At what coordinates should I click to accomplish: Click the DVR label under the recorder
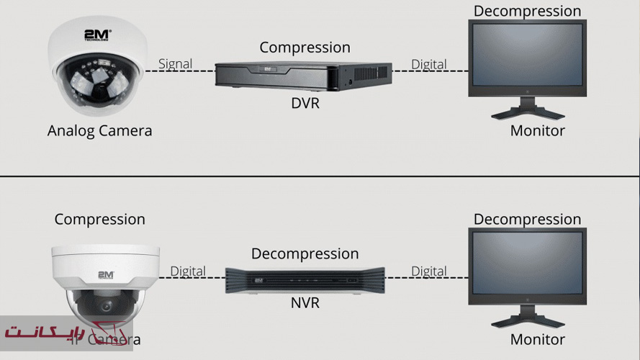coord(305,103)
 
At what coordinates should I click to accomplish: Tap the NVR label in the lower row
coord(305,303)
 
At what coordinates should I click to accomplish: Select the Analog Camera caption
coord(99,131)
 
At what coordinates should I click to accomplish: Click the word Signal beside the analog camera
coord(175,63)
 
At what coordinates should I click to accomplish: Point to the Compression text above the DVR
coord(305,48)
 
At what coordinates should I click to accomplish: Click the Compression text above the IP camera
coord(99,219)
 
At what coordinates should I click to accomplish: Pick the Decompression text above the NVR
coord(305,253)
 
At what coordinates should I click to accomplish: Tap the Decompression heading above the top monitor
coord(527,11)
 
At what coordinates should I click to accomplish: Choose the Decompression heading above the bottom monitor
coord(527,219)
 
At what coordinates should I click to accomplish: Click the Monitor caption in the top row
coord(537,131)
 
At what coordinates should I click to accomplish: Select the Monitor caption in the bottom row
coord(537,339)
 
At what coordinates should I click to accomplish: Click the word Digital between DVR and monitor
coord(428,63)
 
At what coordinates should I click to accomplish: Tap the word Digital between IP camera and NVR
coord(188,271)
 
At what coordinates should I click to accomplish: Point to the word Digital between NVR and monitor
coord(428,271)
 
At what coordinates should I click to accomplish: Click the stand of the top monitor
coord(527,110)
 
